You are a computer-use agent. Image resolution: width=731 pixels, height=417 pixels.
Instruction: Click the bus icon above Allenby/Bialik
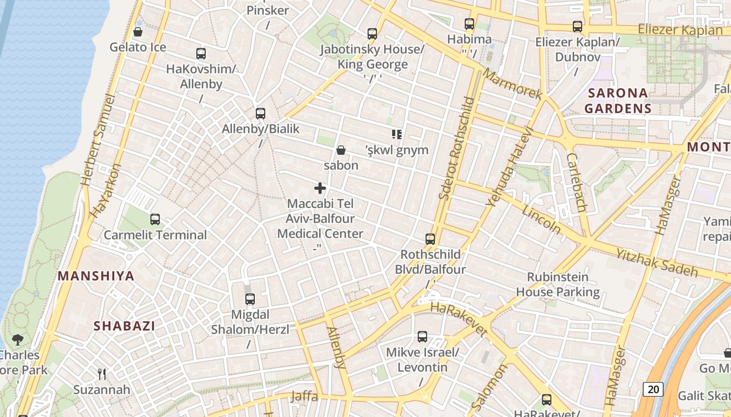(x=260, y=113)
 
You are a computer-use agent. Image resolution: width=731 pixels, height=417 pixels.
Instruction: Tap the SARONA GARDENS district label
(x=618, y=101)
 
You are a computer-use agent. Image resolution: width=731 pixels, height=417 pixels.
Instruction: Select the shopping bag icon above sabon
(x=341, y=150)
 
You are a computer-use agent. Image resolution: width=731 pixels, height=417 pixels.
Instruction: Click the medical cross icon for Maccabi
(x=320, y=188)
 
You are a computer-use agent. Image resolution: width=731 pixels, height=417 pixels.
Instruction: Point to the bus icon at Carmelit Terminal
(x=155, y=219)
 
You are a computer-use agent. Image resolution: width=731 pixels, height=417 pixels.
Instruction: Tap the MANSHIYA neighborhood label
(x=96, y=276)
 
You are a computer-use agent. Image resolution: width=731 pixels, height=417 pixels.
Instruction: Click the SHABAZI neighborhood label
(x=124, y=326)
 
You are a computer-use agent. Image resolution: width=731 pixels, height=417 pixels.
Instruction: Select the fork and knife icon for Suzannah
(x=102, y=374)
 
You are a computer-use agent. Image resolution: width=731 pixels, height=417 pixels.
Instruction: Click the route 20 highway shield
(x=653, y=389)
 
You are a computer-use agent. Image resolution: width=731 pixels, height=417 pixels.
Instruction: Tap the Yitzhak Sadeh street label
(x=657, y=262)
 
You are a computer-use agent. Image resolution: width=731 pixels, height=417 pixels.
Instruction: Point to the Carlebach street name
(x=576, y=182)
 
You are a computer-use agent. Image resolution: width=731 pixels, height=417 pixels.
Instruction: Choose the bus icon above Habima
(x=469, y=23)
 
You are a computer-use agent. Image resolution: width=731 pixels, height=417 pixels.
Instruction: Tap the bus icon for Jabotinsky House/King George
(x=372, y=34)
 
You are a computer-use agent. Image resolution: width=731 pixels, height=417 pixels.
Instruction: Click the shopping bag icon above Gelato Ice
(x=138, y=32)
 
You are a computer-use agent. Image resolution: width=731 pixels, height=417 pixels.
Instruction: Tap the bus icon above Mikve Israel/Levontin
(x=422, y=337)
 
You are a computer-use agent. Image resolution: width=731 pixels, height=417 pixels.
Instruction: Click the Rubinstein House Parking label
(x=558, y=285)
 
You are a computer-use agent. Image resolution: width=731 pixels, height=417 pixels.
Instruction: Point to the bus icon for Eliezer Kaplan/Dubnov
(x=577, y=27)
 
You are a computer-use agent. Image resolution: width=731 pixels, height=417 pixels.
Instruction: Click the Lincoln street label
(x=541, y=219)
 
